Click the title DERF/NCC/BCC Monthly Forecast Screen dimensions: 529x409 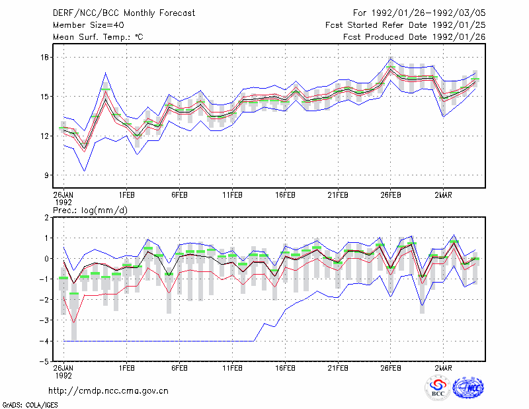pos(124,13)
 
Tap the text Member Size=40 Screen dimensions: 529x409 pos(89,25)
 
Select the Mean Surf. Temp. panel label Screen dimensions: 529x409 pos(98,37)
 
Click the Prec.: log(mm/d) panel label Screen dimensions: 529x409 pos(90,210)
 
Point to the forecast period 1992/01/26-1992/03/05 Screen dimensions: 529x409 pos(428,13)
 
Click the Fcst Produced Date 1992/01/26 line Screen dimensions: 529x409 pos(415,37)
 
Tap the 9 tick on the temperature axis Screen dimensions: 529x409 pos(47,175)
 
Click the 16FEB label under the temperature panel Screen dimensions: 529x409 pos(285,195)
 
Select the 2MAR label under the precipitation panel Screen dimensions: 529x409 pos(443,368)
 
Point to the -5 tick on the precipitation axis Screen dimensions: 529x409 pos(44,361)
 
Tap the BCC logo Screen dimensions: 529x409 pos(438,388)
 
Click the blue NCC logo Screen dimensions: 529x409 pos(468,388)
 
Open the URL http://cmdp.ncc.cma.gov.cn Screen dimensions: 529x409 pos(108,391)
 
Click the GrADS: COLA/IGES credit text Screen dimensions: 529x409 pos(30,405)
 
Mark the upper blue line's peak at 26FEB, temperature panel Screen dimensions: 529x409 pos(391,60)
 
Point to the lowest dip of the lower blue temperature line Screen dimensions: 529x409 pos(85,171)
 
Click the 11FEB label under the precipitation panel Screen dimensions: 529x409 pos(232,368)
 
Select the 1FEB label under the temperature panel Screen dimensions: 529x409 pos(126,195)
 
